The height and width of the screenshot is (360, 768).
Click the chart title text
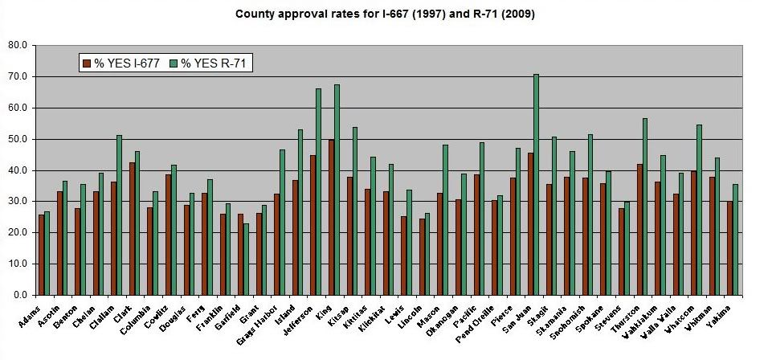384,14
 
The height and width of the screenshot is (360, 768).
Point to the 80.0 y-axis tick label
16,45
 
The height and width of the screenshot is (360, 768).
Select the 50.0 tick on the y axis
16,139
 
